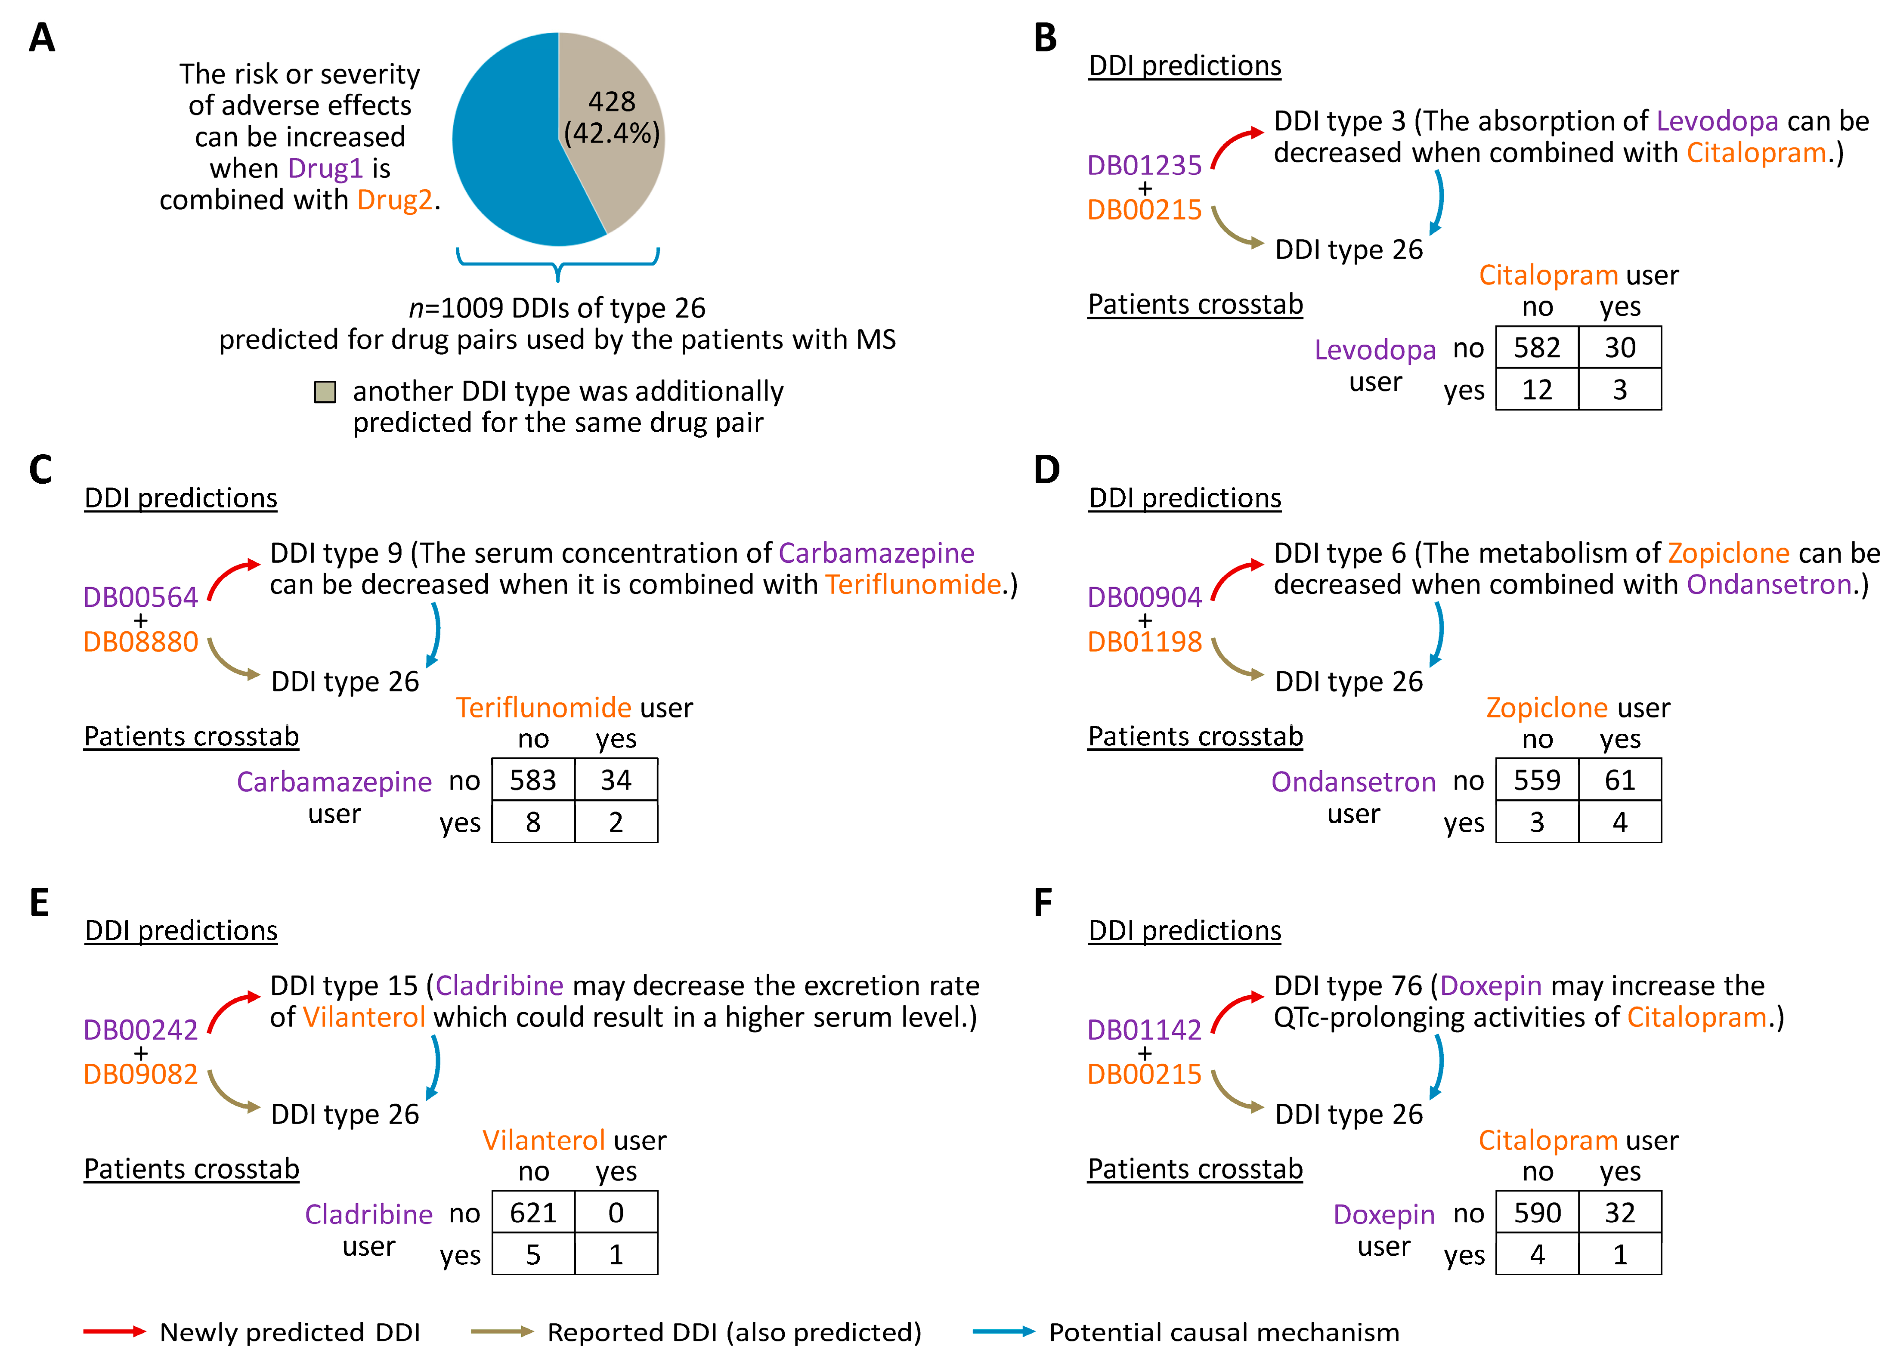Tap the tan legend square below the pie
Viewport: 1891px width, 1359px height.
[324, 392]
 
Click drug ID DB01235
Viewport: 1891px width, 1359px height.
[1144, 165]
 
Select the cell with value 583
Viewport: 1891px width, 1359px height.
[533, 779]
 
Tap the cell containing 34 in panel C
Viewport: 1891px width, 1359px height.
[615, 779]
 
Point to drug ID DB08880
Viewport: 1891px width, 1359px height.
[140, 642]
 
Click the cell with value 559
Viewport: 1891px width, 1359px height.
[1537, 779]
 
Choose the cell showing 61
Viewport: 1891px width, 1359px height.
[1619, 779]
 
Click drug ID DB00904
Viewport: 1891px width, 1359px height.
[1144, 597]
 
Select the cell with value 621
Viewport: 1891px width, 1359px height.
[533, 1212]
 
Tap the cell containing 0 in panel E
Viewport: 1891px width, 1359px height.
[615, 1212]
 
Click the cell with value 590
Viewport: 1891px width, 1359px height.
[1537, 1212]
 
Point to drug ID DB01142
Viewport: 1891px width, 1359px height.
[1144, 1030]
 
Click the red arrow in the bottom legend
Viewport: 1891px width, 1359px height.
[114, 1331]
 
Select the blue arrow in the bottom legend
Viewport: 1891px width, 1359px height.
[1003, 1331]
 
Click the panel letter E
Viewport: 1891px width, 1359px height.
[39, 903]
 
